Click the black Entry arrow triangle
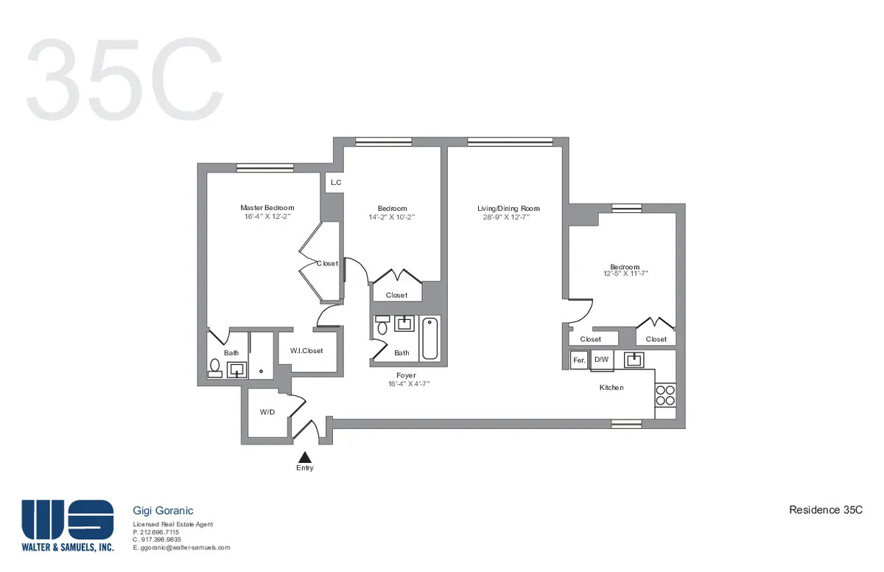click(304, 458)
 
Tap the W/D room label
click(267, 412)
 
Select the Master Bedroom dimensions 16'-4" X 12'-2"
click(267, 217)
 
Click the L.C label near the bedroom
click(336, 182)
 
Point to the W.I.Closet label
click(306, 351)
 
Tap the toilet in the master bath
click(215, 366)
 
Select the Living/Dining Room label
click(504, 209)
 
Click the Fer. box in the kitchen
click(579, 360)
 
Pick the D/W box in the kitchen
click(602, 360)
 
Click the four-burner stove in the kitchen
click(665, 395)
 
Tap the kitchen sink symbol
click(634, 360)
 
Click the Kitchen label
click(611, 387)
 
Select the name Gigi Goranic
click(163, 510)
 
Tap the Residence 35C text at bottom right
click(825, 510)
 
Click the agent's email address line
click(181, 548)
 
